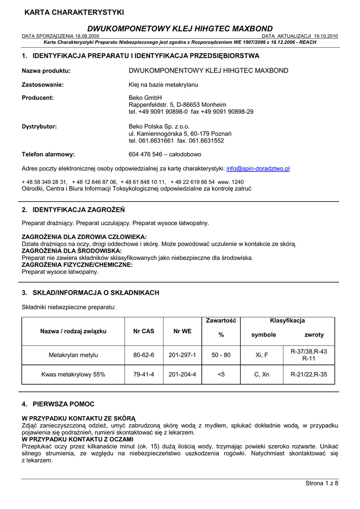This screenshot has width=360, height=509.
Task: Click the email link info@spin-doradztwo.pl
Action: point(258,169)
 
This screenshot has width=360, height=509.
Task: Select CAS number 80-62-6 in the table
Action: point(144,355)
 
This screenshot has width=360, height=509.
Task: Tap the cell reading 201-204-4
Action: point(182,374)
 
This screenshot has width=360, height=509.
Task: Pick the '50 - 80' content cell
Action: point(221,355)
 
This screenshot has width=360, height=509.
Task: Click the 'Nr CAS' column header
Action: point(144,331)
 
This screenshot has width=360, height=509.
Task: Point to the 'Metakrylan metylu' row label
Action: point(73,355)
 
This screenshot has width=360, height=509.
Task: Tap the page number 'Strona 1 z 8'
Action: point(321,484)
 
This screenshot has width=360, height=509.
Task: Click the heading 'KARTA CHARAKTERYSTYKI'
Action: point(74,12)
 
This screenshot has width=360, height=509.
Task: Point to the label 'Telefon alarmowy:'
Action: point(48,154)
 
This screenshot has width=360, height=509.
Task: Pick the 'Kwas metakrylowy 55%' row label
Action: point(73,374)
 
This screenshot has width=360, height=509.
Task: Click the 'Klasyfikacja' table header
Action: point(287,321)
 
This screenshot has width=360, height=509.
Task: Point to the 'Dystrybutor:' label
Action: point(39,126)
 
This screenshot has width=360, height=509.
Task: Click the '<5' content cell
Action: point(221,374)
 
